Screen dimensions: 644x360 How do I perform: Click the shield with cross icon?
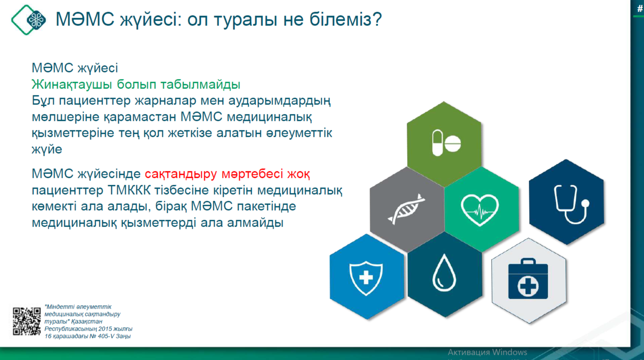click(366, 278)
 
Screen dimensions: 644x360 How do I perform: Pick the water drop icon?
click(444, 273)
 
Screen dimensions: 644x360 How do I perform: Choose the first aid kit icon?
click(528, 278)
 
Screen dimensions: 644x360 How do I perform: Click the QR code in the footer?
click(27, 321)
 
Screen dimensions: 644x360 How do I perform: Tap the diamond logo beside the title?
click(29, 19)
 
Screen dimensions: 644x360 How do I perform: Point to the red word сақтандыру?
click(181, 174)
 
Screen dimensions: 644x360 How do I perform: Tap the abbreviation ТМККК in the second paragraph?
click(129, 190)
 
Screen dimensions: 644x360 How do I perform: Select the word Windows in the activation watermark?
click(509, 352)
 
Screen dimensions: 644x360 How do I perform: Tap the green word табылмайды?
click(200, 84)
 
